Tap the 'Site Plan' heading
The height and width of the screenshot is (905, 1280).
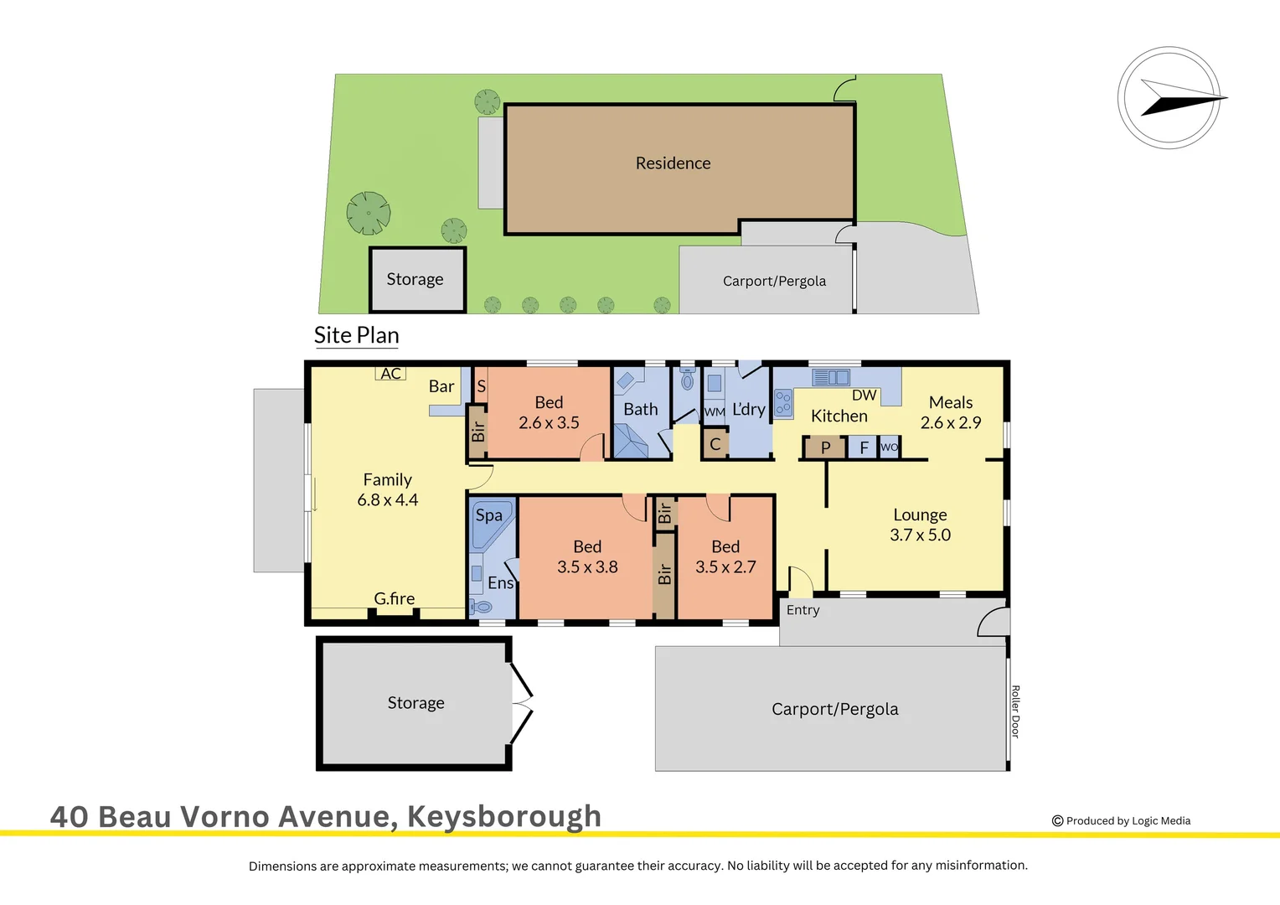click(356, 335)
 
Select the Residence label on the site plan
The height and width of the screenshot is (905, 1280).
click(673, 163)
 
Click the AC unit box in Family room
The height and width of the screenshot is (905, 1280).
click(390, 374)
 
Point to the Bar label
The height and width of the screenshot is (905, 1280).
click(441, 386)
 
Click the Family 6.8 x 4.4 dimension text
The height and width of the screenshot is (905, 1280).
click(387, 500)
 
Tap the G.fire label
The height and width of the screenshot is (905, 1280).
click(394, 598)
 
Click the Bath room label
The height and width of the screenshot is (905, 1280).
click(641, 410)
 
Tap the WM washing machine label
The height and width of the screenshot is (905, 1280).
click(715, 411)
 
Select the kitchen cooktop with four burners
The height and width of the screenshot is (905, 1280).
click(783, 403)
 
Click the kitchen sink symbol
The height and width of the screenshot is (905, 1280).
click(831, 378)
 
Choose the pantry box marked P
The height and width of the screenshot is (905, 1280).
click(825, 447)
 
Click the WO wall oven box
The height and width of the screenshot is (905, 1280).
click(890, 447)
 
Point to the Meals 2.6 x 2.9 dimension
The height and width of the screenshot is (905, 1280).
click(951, 423)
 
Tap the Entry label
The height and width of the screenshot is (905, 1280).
click(803, 610)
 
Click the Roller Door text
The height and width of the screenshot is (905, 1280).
click(1015, 711)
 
